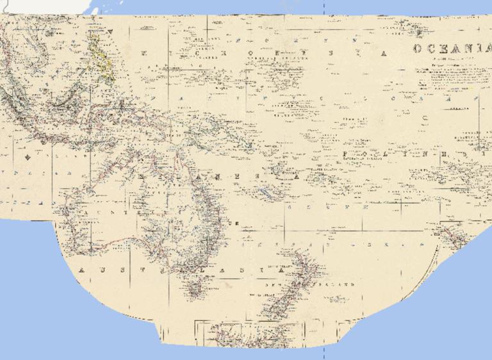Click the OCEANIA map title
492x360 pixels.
coord(449,49)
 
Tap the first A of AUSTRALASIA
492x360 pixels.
coord(81,270)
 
